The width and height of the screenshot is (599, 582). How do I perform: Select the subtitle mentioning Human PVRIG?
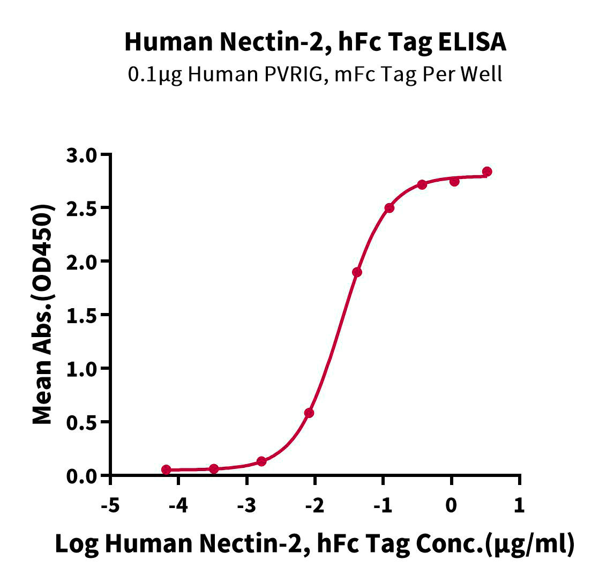pyautogui.click(x=315, y=74)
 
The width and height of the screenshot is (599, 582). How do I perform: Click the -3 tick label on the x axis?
pyautogui.click(x=246, y=505)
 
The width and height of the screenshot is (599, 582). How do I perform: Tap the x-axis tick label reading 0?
pyautogui.click(x=452, y=505)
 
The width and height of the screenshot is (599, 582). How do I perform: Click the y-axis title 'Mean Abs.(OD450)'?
pyautogui.click(x=43, y=315)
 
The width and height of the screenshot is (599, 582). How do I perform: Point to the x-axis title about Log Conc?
pyautogui.click(x=315, y=544)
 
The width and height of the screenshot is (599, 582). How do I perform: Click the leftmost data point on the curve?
pyautogui.click(x=166, y=469)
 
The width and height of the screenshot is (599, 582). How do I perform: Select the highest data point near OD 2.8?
pyautogui.click(x=487, y=171)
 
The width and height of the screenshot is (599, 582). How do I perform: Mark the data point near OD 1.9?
pyautogui.click(x=357, y=272)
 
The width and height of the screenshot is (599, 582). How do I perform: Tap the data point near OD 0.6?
pyautogui.click(x=309, y=413)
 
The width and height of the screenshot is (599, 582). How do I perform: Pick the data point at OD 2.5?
pyautogui.click(x=390, y=208)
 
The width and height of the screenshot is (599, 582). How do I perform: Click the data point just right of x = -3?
pyautogui.click(x=261, y=461)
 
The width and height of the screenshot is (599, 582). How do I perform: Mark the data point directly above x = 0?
pyautogui.click(x=454, y=181)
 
